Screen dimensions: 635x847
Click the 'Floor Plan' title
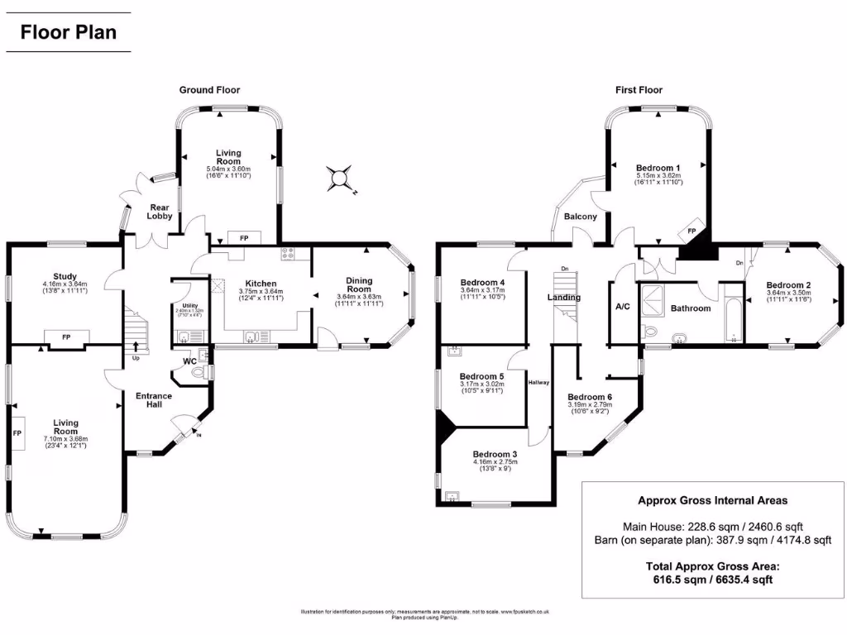point(69,33)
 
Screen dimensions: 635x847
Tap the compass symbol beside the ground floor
point(339,178)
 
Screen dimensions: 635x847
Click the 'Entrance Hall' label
point(154,400)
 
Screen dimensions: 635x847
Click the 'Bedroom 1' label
point(658,168)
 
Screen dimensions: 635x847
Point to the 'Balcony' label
point(580,217)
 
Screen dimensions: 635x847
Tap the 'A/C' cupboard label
point(623,307)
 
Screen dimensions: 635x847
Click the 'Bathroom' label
point(690,308)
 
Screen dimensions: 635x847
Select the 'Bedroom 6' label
point(590,397)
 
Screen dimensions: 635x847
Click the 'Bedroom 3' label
point(495,453)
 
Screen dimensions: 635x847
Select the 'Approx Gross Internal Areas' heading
point(712,500)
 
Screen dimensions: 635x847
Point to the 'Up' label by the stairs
point(136,359)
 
